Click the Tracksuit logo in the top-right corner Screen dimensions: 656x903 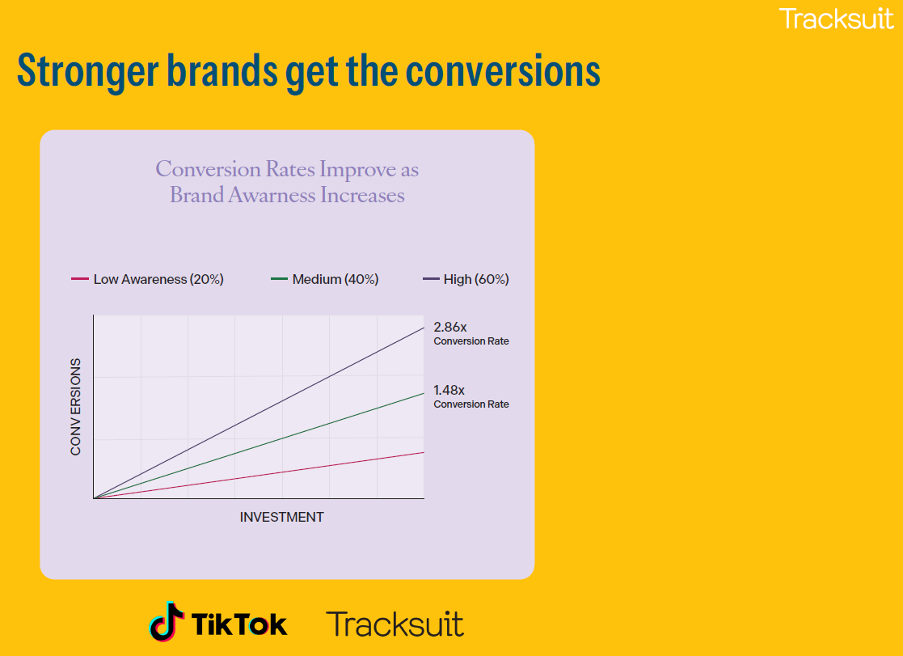coord(836,18)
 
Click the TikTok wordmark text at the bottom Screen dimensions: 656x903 coord(239,624)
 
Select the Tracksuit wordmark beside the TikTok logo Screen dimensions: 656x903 coord(395,624)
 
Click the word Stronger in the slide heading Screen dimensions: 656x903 coord(87,70)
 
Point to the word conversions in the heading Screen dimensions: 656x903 coord(502,70)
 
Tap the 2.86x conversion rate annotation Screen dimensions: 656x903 coord(470,333)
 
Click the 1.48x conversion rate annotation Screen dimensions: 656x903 coord(470,396)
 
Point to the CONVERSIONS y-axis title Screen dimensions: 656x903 coord(76,407)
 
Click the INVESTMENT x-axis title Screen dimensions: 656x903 coord(281,518)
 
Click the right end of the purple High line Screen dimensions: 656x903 coord(423,327)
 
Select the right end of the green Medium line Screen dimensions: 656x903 coord(423,393)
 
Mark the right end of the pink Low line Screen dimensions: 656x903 coord(423,452)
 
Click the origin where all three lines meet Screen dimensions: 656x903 coord(95,497)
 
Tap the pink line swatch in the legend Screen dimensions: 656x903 coord(79,280)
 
